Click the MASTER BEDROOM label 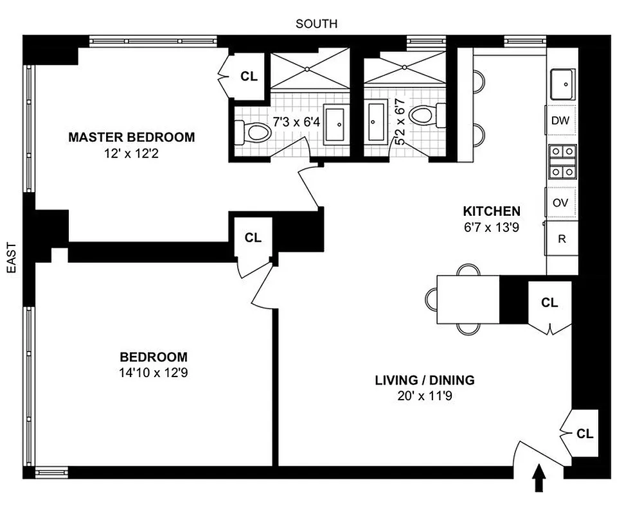(x=131, y=137)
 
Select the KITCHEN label (x=492, y=211)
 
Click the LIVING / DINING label (x=425, y=380)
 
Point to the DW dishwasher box (x=561, y=120)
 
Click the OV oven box (x=561, y=202)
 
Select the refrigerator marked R (x=562, y=239)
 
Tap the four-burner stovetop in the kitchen (x=562, y=162)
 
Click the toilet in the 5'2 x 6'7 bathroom (x=422, y=118)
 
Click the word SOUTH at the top (x=316, y=24)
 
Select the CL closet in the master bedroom (x=249, y=76)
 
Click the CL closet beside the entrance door (x=584, y=434)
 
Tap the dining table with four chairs (x=468, y=300)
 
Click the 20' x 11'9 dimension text (x=425, y=396)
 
